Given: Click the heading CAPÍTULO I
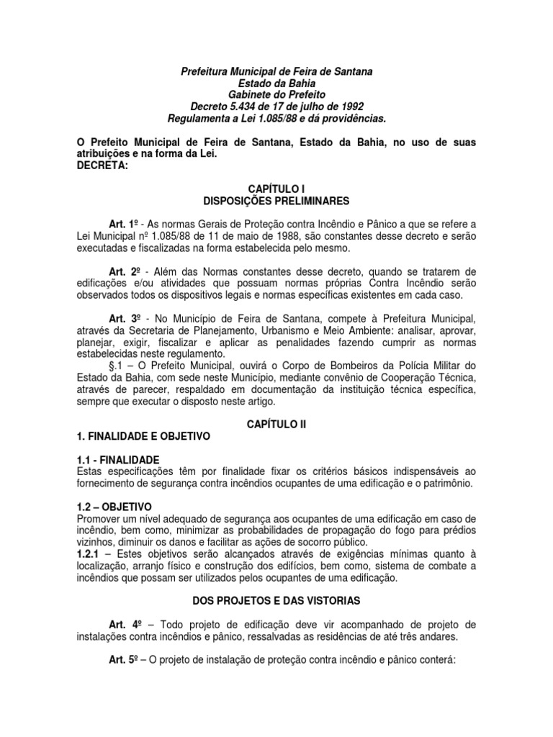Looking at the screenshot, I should coord(276,187).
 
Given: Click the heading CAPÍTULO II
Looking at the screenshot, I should coord(276,425).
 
